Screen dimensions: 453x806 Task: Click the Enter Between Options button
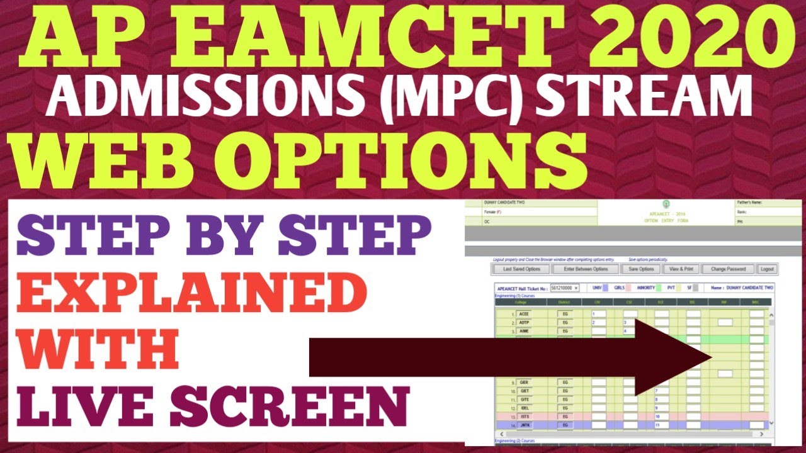click(586, 269)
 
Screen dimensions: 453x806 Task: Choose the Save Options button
click(641, 269)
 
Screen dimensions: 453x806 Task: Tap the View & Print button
click(681, 269)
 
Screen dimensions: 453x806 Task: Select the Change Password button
click(728, 269)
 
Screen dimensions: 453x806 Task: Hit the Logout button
click(766, 269)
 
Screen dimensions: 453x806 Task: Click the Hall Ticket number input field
click(564, 288)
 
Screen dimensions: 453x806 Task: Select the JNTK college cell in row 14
click(523, 426)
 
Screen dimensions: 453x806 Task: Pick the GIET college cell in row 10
click(523, 391)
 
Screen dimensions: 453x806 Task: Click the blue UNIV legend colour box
click(606, 288)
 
